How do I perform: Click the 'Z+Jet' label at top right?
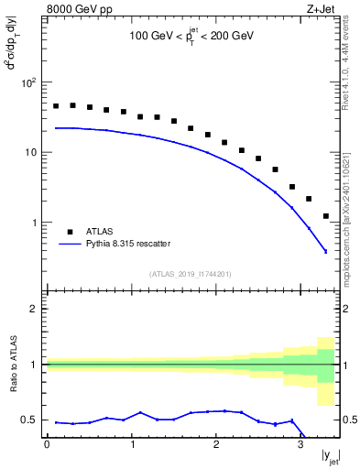(x=321, y=10)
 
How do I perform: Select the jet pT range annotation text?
(x=191, y=36)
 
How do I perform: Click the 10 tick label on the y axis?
(x=30, y=152)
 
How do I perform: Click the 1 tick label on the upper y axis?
(x=33, y=223)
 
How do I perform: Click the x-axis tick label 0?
(x=47, y=444)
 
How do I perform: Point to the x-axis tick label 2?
(x=216, y=444)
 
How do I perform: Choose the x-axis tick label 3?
(x=300, y=444)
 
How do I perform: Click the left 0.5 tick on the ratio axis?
(x=31, y=420)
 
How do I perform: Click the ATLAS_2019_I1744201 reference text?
(x=191, y=273)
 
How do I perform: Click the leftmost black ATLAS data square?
(x=56, y=106)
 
